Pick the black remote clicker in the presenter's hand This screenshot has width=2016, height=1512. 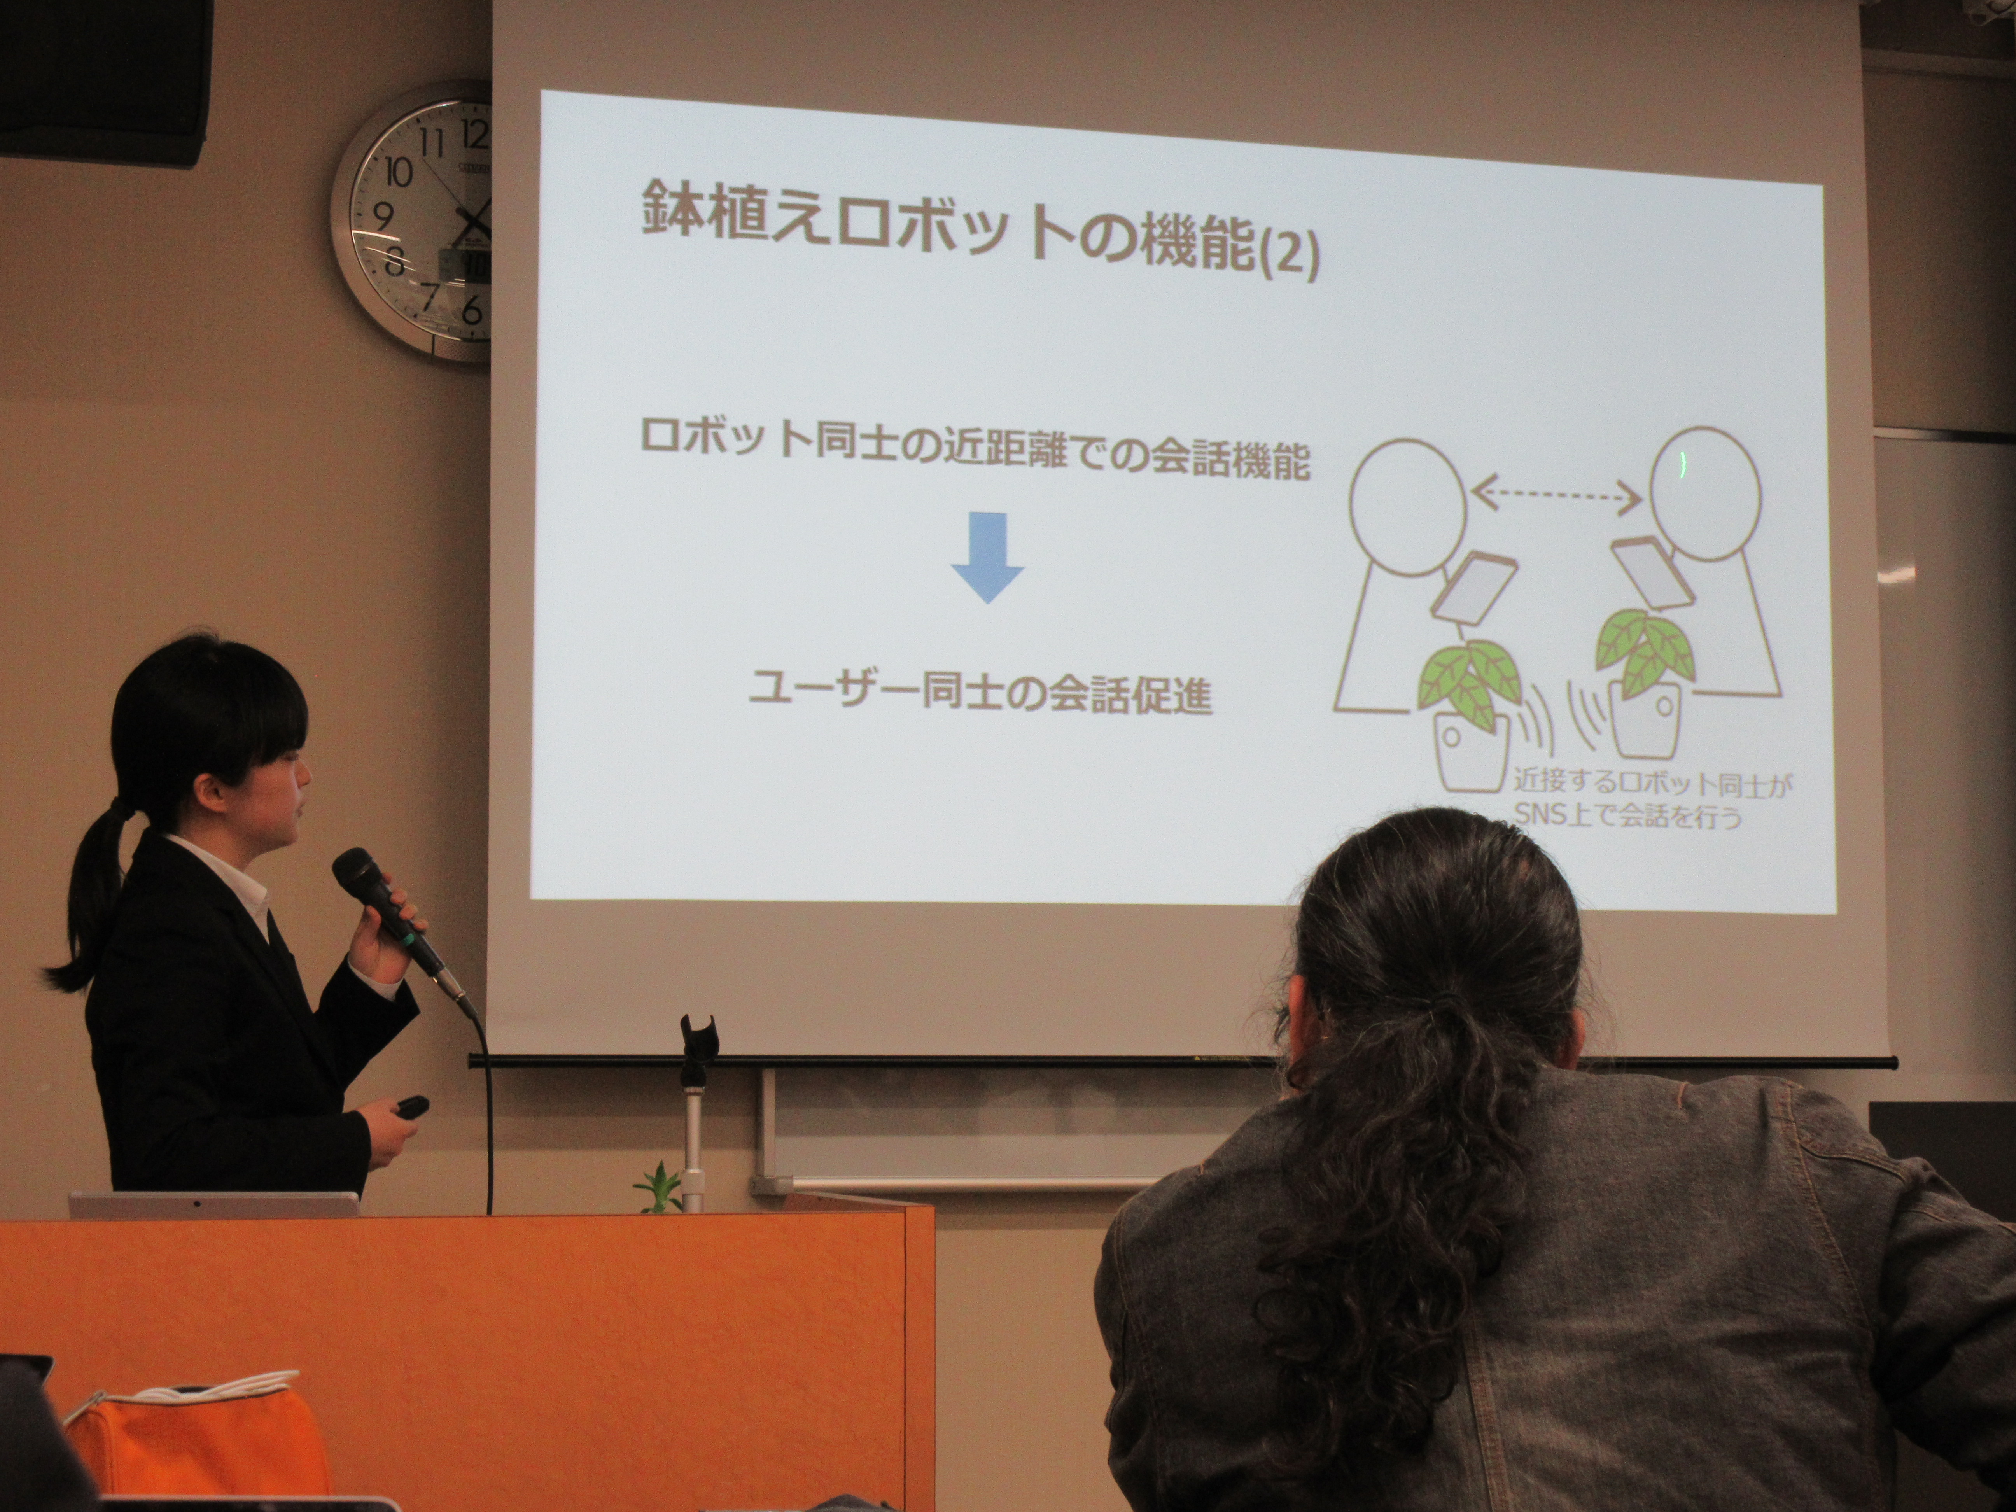click(410, 1106)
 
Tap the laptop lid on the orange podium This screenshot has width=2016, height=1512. click(214, 1205)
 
